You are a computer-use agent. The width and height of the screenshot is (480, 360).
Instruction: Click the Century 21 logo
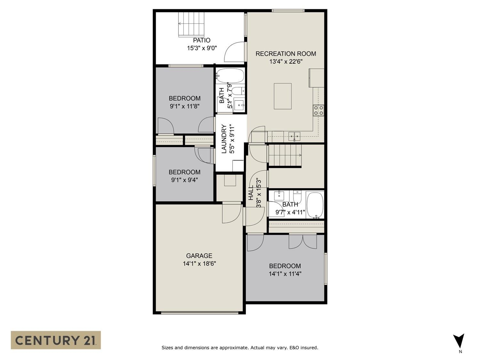[56, 340]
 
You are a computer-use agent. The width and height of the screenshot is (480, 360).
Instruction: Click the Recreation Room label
[285, 54]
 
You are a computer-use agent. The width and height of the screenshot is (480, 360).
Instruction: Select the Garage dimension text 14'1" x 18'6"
[199, 264]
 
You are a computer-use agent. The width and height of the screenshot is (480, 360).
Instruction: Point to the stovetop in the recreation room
[319, 110]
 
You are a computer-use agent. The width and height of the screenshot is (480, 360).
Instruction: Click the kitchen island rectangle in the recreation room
[283, 96]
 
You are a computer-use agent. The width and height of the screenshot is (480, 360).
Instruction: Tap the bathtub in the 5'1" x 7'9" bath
[230, 76]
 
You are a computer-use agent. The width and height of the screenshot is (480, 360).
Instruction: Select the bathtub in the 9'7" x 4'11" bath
[315, 205]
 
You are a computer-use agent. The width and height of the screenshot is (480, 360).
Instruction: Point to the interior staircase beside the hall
[285, 155]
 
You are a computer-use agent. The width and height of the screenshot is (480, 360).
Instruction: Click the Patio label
[202, 40]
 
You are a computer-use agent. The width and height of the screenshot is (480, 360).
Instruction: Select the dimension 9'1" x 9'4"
[184, 180]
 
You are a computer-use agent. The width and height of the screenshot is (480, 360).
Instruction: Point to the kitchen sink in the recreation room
[294, 136]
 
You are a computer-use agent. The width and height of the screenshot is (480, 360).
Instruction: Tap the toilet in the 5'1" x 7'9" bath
[238, 91]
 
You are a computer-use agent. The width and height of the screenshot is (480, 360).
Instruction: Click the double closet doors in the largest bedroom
[303, 241]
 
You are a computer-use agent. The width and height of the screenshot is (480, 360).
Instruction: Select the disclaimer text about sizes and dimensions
[240, 348]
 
